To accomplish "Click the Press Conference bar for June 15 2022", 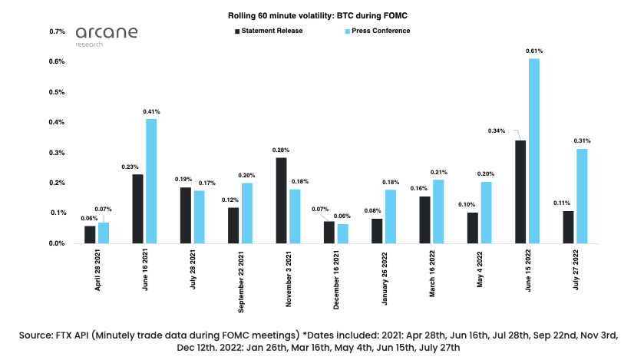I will tap(534, 151).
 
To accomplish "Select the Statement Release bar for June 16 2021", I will tap(137, 209).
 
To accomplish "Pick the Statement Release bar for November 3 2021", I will tap(281, 200).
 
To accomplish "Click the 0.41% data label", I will tap(151, 112).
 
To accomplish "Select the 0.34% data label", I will tap(497, 130).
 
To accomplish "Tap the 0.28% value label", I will tap(281, 150).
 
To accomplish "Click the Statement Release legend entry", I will tap(269, 31).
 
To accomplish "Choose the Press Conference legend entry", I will tap(377, 31).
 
